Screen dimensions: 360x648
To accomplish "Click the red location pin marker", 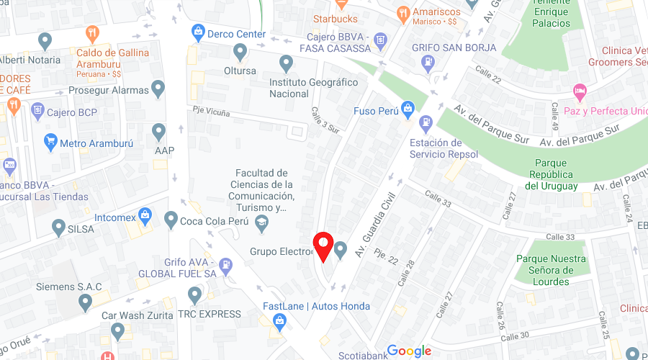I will coord(323,247).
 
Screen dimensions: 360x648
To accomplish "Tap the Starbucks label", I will coord(335,18).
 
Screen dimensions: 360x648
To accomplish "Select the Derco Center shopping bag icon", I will coord(197,32).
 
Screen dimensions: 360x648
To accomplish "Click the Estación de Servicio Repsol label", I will coord(444,148).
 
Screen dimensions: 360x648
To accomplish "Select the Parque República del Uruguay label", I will coord(551,174).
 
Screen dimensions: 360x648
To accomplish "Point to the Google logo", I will coord(409,351).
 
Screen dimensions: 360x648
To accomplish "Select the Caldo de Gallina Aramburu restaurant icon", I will coord(92,34).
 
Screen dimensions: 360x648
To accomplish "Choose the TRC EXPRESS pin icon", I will coord(194,295).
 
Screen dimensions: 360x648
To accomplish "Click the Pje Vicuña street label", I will coord(211,112).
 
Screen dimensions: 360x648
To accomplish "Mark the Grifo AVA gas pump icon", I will coord(226,264).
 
